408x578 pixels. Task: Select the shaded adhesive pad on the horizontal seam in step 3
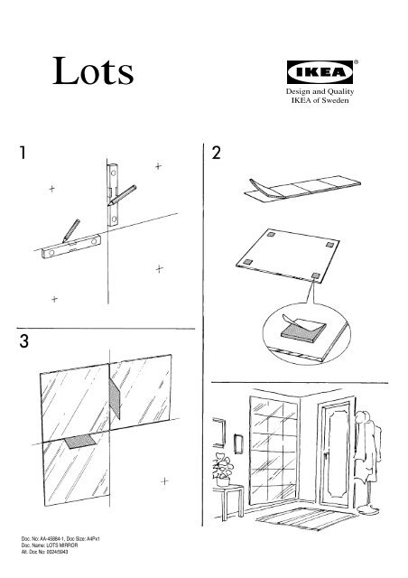click(x=79, y=442)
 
